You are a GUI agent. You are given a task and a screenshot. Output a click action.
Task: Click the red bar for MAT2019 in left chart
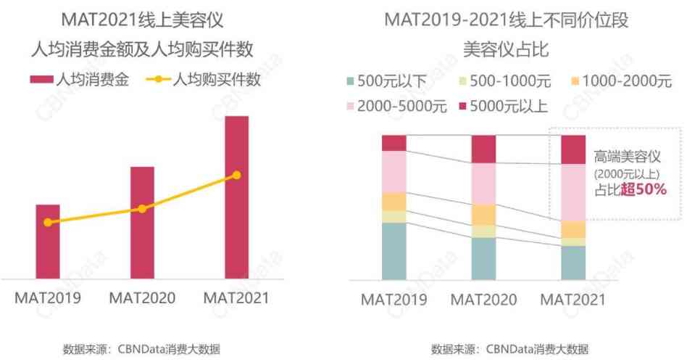pos(48,242)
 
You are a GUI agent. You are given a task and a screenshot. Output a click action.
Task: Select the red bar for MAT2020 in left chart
pos(142,223)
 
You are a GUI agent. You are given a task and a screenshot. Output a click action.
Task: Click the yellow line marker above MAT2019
pos(48,223)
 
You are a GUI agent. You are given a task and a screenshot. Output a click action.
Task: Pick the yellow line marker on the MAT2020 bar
pos(142,209)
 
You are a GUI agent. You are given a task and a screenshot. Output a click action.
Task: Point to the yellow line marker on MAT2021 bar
pos(236,175)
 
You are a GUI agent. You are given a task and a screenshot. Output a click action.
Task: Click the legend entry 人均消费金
pos(80,80)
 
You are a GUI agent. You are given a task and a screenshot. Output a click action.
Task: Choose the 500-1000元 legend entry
pos(502,81)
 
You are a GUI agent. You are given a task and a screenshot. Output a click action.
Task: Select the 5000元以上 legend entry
pos(504,107)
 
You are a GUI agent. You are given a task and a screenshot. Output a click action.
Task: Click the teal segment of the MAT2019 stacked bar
pos(394,251)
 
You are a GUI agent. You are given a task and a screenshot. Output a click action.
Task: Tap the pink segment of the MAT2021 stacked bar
pos(573,192)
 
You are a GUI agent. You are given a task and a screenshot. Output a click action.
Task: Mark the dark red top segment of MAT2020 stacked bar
pos(483,149)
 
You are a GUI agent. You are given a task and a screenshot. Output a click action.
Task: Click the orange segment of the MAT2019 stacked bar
pos(394,202)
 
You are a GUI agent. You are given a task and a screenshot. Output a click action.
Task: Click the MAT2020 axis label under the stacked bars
pos(483,300)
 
